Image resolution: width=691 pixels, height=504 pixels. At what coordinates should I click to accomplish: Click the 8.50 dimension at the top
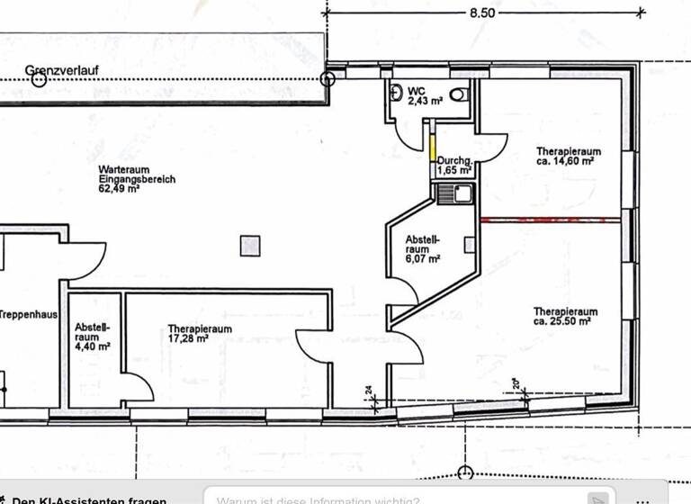[481, 13]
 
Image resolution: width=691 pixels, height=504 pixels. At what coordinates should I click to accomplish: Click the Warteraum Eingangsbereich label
[137, 179]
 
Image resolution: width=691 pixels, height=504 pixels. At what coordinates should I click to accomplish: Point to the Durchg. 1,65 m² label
[454, 165]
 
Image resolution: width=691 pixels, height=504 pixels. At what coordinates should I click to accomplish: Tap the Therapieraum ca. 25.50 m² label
[564, 316]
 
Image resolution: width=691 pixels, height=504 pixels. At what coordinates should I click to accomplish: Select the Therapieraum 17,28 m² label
[200, 334]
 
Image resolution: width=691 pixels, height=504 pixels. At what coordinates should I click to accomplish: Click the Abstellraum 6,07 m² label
[422, 248]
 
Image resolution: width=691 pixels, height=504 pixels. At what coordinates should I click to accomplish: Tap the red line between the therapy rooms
[551, 220]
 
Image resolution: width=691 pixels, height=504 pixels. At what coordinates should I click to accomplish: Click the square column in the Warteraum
[250, 245]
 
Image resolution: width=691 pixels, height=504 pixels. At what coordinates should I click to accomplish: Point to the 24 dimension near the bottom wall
[369, 391]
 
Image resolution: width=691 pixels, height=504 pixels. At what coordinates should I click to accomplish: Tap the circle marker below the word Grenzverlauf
[38, 79]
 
